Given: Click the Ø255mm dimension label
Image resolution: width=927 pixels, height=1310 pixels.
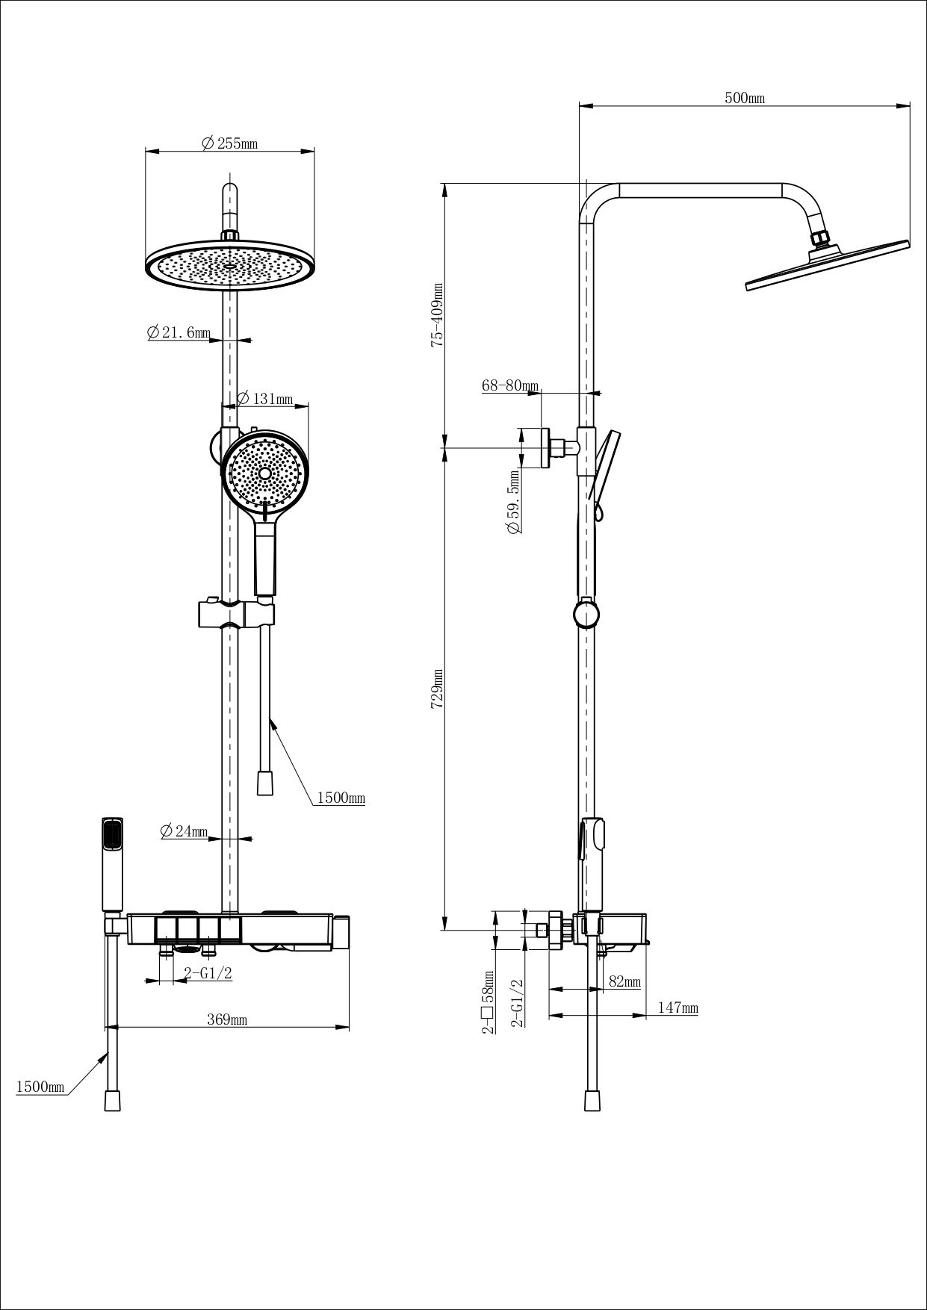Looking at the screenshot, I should [x=230, y=144].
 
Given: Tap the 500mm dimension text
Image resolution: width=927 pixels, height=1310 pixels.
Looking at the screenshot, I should [x=745, y=99].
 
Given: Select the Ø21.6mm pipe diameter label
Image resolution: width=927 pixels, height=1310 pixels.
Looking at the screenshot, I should [x=179, y=333].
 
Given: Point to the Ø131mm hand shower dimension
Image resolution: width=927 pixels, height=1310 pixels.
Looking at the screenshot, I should [x=265, y=400].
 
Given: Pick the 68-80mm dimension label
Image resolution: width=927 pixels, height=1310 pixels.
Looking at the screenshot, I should [x=509, y=386].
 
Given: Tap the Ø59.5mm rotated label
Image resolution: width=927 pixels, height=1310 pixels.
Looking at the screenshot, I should [x=513, y=501].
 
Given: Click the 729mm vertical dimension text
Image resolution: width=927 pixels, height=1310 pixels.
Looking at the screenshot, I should [x=438, y=689].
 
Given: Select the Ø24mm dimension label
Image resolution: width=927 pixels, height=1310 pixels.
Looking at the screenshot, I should [x=184, y=831].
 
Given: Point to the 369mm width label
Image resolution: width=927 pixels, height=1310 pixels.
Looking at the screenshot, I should [x=227, y=1020].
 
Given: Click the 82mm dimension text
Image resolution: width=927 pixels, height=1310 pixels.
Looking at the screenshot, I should [x=624, y=982].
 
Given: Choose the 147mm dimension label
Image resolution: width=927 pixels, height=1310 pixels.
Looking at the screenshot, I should [x=678, y=1008].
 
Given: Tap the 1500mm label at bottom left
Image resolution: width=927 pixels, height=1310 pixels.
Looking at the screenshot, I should [x=40, y=1087].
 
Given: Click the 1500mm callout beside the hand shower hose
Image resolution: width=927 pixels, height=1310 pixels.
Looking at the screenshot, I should [x=341, y=798].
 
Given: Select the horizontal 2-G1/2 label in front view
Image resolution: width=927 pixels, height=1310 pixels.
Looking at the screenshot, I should [x=209, y=972].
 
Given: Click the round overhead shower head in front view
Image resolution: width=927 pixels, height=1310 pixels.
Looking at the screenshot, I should [x=230, y=266].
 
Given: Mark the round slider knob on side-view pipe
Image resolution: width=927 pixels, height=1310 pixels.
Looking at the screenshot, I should [x=586, y=614].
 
